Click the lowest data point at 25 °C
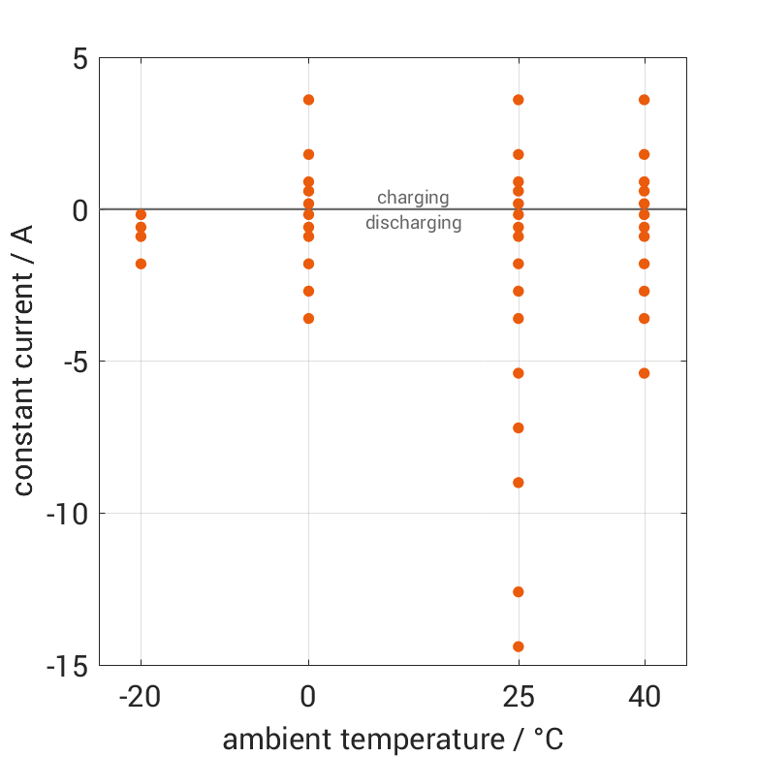click(x=519, y=647)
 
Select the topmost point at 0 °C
click(x=308, y=100)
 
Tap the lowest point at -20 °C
click(x=141, y=264)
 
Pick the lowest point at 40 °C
click(x=645, y=373)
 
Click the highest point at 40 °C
click(x=645, y=100)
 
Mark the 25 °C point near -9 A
click(x=519, y=483)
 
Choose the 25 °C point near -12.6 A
click(x=519, y=591)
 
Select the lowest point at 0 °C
click(x=308, y=318)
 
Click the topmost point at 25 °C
click(x=519, y=100)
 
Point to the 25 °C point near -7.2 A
click(x=519, y=427)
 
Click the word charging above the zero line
click(x=413, y=198)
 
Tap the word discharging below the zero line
click(x=413, y=223)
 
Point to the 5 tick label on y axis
click(x=79, y=58)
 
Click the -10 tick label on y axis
click(x=67, y=514)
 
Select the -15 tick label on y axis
click(x=67, y=666)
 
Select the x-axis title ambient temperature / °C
click(x=393, y=740)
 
